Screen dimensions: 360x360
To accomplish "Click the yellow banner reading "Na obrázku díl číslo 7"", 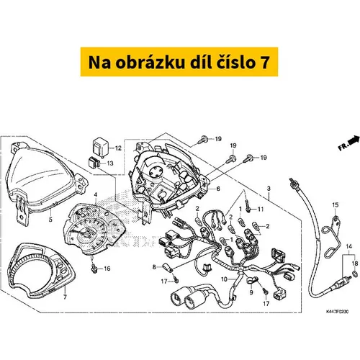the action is click(179, 62).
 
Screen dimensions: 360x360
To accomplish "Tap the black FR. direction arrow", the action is click(354, 140).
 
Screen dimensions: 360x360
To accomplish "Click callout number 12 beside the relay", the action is click(118, 148).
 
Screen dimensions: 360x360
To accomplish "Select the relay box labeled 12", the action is click(100, 147).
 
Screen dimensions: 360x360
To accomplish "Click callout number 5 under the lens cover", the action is click(50, 220).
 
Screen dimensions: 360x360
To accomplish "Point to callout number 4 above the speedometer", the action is click(96, 194).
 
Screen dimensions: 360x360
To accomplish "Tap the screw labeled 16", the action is click(94, 269).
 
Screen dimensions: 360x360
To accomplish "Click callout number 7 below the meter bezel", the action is click(65, 297).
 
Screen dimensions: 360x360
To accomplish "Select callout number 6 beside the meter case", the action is click(218, 189).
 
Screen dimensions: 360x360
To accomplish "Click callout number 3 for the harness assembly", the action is click(269, 189).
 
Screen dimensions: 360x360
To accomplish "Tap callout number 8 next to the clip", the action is click(154, 267).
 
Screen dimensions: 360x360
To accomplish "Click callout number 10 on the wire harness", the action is click(224, 279).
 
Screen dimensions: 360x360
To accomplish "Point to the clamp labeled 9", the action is click(252, 281).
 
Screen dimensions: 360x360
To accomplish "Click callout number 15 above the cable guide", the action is click(336, 204).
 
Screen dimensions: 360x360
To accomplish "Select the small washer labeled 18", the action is click(355, 273).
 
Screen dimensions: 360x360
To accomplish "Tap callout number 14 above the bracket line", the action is click(349, 246).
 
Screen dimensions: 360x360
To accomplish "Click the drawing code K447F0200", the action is click(337, 312).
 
